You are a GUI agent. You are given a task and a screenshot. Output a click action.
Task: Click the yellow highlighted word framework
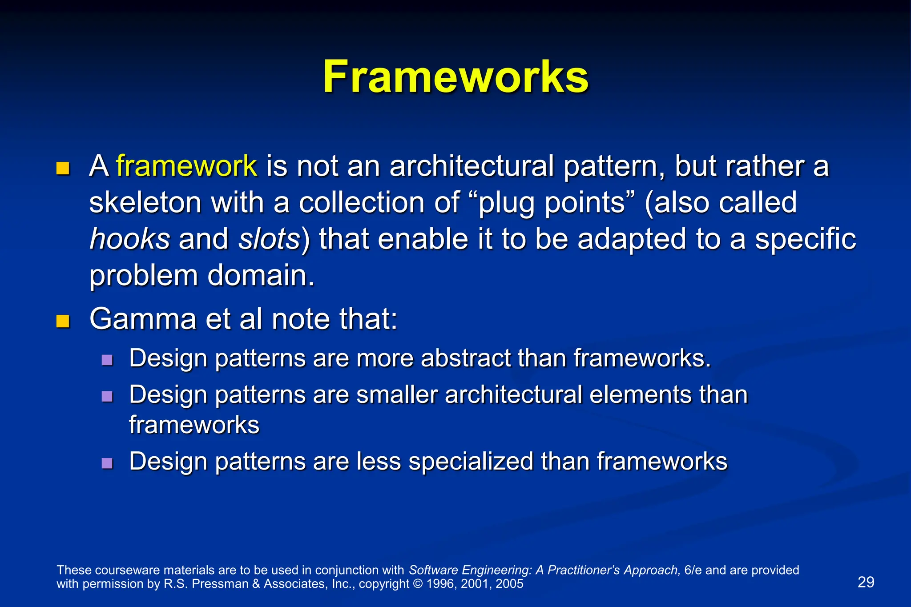pyautogui.click(x=186, y=166)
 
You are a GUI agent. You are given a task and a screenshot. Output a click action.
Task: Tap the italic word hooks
pyautogui.click(x=129, y=239)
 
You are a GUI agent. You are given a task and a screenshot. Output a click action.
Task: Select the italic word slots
pyautogui.click(x=269, y=239)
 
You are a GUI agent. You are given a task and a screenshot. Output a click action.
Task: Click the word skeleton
pyautogui.click(x=145, y=203)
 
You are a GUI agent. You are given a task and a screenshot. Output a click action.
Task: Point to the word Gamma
pyautogui.click(x=142, y=319)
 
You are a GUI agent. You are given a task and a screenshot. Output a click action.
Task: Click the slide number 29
pyautogui.click(x=866, y=582)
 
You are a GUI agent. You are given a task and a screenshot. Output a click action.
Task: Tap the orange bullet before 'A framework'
pyautogui.click(x=63, y=169)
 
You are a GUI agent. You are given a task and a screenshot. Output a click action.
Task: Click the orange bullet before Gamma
pyautogui.click(x=63, y=321)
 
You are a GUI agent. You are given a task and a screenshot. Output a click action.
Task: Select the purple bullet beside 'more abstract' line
pyautogui.click(x=107, y=359)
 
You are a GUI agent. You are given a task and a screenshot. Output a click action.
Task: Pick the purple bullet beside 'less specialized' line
pyautogui.click(x=107, y=463)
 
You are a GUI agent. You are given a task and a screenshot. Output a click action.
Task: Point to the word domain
pyautogui.click(x=261, y=276)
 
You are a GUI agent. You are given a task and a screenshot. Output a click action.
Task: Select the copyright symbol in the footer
pyautogui.click(x=418, y=584)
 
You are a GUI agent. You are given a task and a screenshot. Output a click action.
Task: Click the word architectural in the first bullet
pyautogui.click(x=472, y=166)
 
